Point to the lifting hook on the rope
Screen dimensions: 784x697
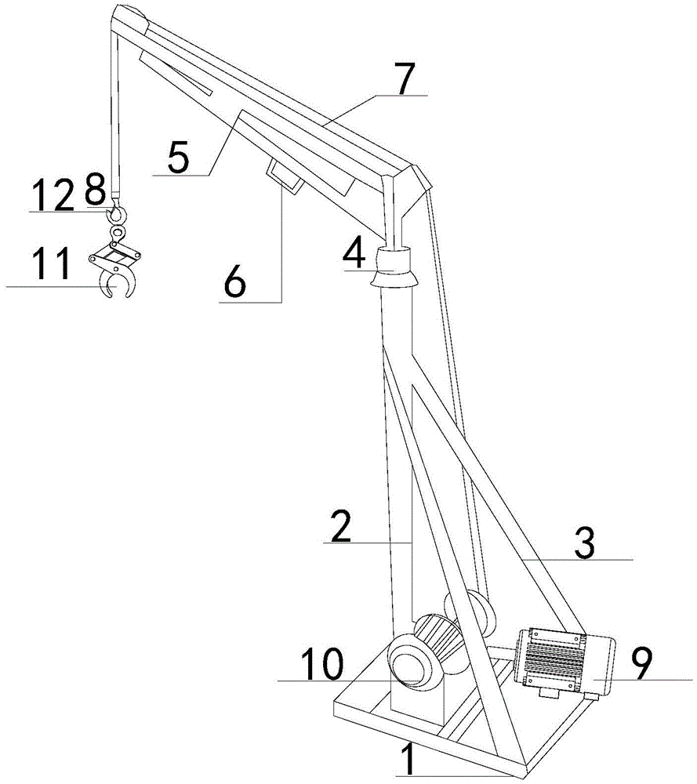click(118, 212)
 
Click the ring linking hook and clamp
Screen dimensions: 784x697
click(118, 233)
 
